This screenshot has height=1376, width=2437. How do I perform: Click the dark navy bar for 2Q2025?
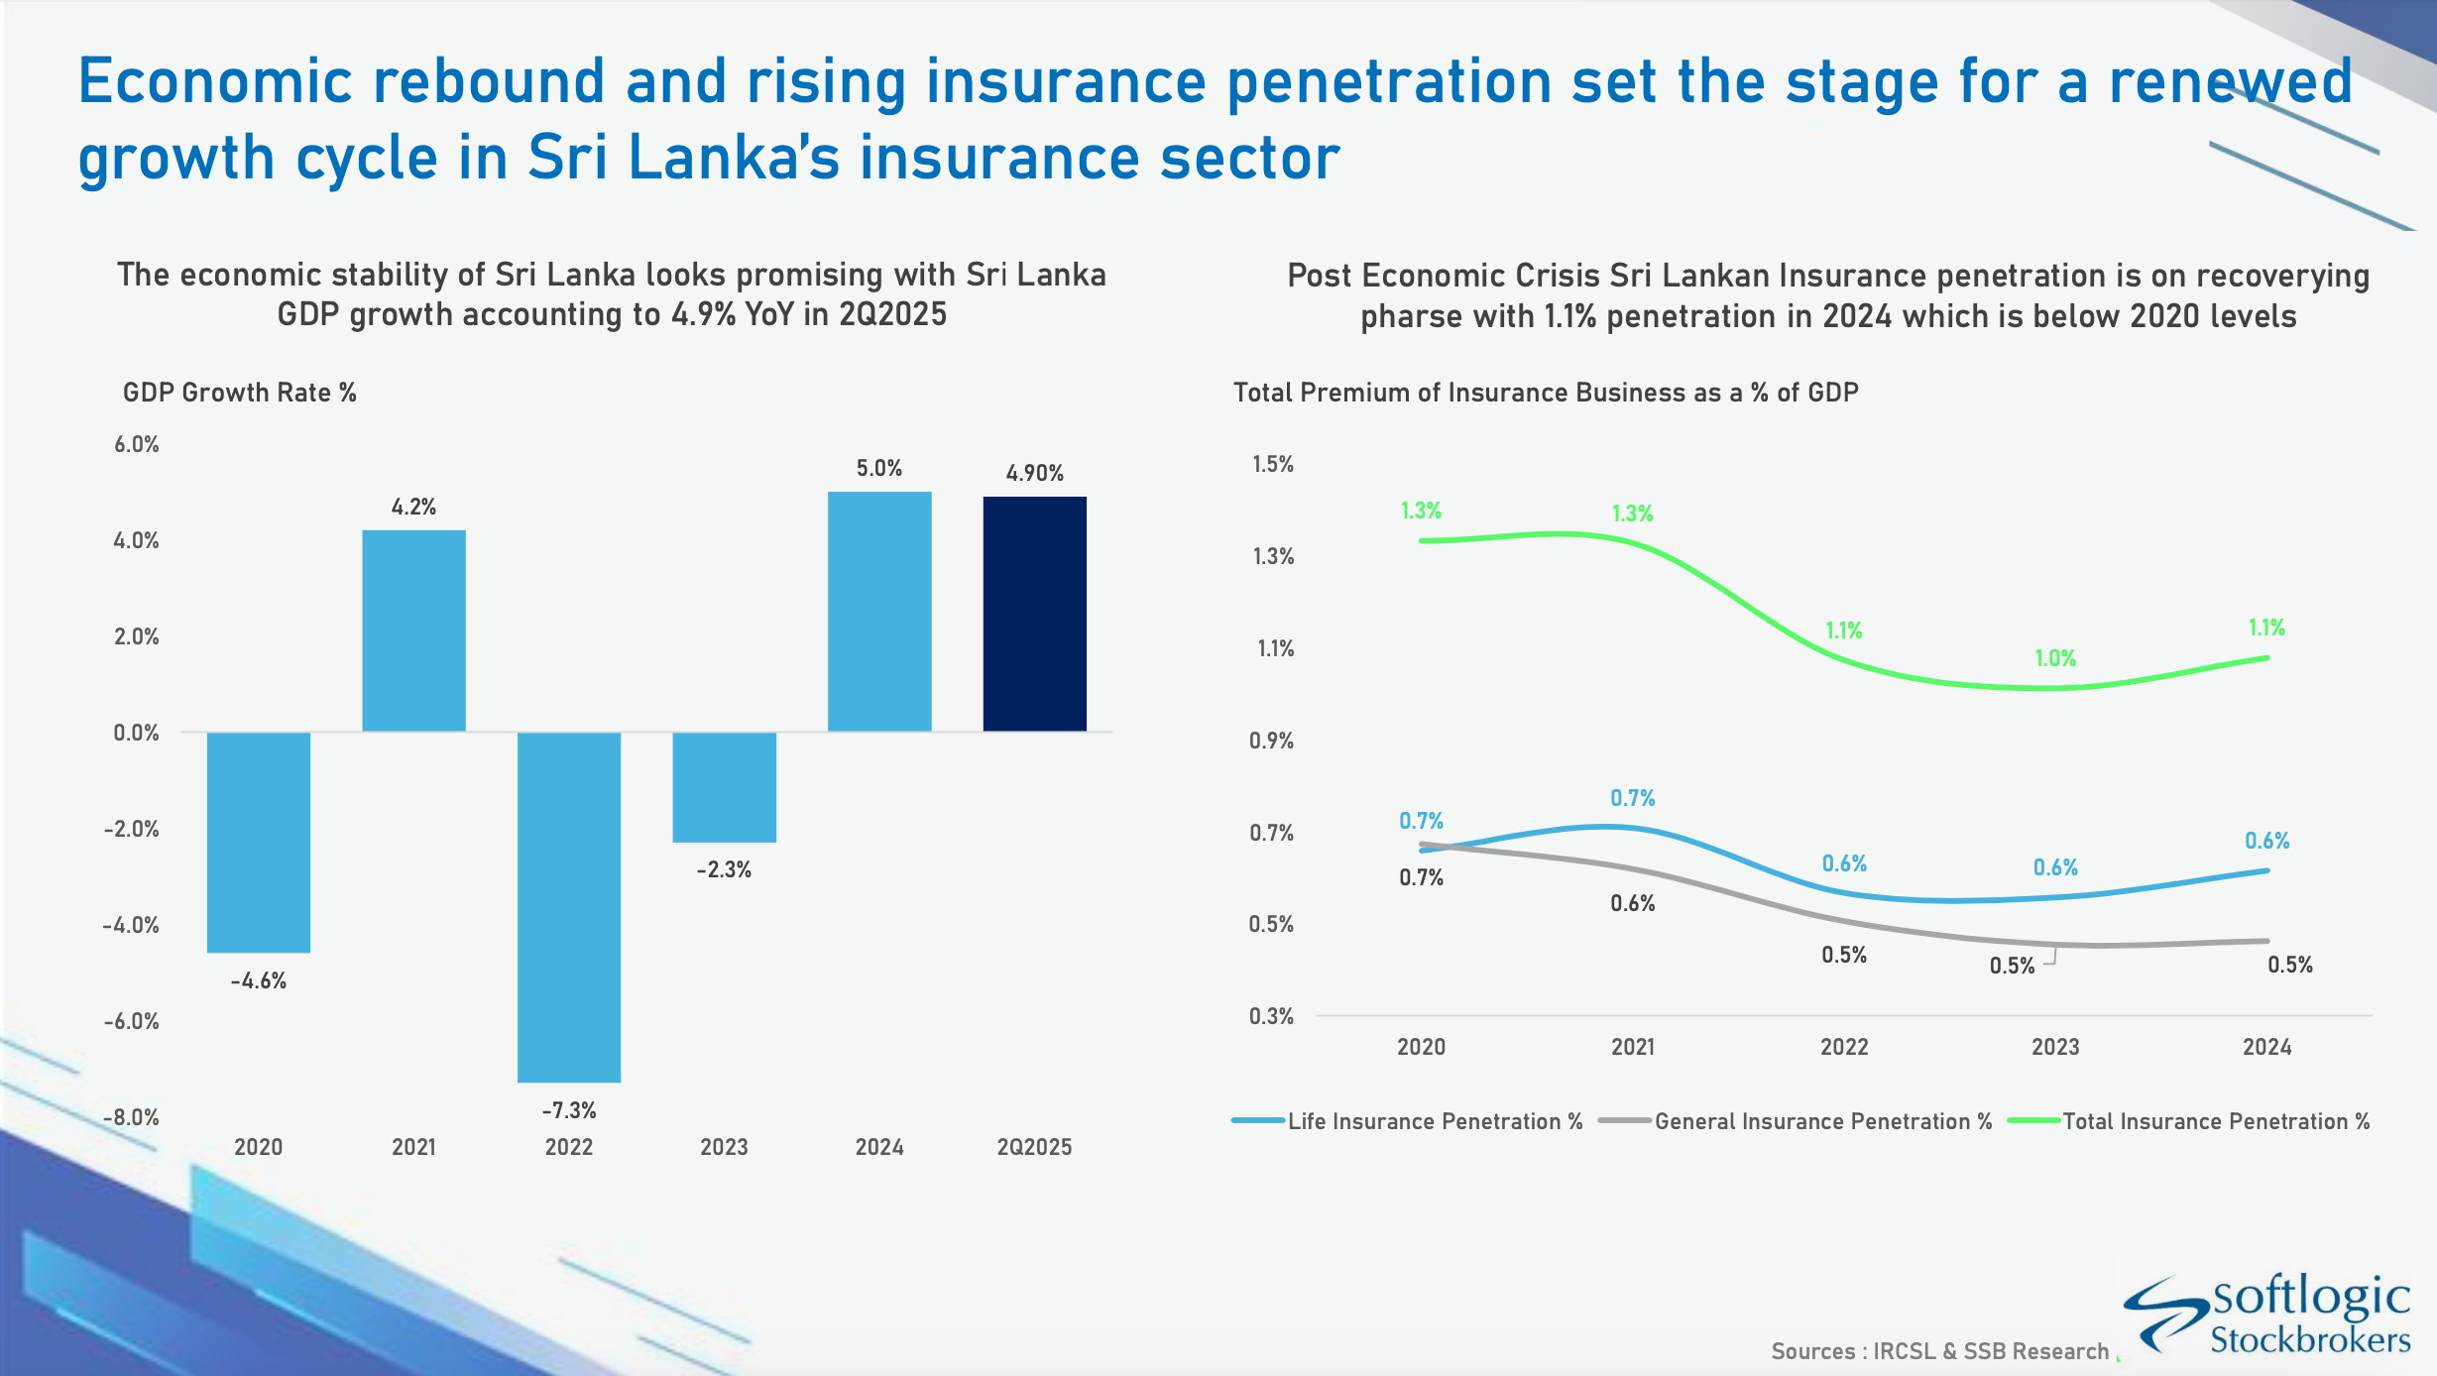(1034, 614)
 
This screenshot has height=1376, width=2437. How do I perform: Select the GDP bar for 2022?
(569, 906)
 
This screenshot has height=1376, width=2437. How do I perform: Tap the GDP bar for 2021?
(413, 631)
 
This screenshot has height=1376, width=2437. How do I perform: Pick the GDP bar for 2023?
(724, 787)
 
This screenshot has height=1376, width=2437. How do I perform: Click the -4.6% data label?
(259, 981)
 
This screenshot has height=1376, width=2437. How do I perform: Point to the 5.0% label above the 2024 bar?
(879, 468)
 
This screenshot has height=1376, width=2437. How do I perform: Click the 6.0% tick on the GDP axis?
(137, 444)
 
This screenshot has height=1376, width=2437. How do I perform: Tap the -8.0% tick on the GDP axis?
(132, 1117)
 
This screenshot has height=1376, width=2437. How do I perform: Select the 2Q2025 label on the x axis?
(1034, 1147)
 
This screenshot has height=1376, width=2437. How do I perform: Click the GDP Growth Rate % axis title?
(239, 393)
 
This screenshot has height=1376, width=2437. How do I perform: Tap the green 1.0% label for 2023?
(2055, 658)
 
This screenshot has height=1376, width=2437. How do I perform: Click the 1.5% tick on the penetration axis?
(1273, 464)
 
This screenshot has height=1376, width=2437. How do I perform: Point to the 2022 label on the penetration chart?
(1844, 1047)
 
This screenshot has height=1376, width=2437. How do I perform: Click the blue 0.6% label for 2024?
(2267, 841)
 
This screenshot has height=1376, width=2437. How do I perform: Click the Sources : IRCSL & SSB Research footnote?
(1939, 1351)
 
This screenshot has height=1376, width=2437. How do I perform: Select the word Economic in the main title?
(215, 81)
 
